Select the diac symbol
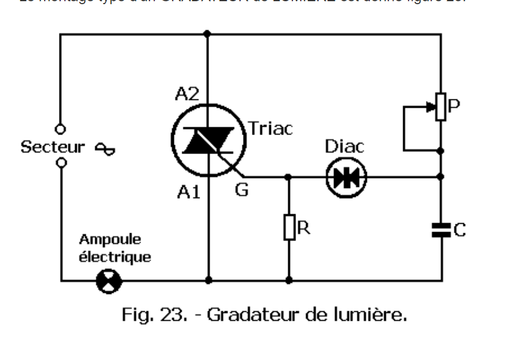[346, 177]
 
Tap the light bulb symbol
[109, 279]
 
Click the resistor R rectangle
[289, 228]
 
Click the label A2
[188, 95]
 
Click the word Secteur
[46, 146]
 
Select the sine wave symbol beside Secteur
[106, 148]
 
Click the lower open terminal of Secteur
[60, 162]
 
